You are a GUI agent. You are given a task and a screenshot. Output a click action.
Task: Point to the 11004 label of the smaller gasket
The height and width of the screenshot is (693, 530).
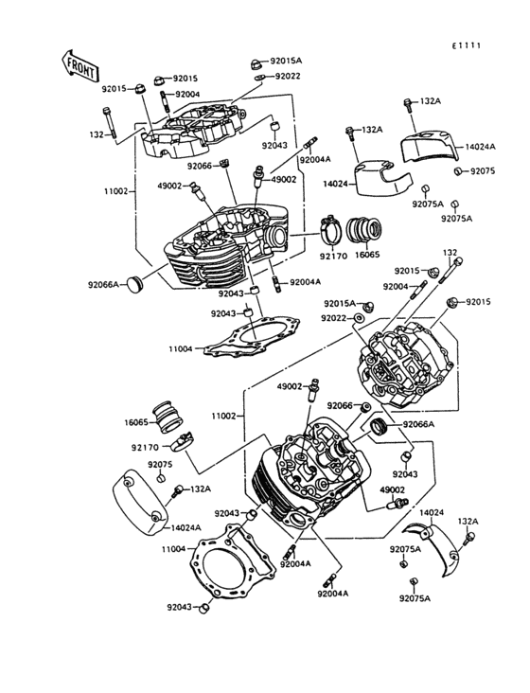(x=181, y=349)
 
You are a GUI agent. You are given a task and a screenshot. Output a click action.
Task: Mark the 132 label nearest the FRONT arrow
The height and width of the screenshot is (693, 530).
(x=97, y=135)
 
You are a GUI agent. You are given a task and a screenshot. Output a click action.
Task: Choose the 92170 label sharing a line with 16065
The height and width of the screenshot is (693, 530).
(x=333, y=256)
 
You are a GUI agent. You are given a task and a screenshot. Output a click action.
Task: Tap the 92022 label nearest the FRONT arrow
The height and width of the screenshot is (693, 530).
(x=288, y=77)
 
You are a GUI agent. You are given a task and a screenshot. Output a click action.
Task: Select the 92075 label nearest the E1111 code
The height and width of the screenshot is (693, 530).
(x=483, y=171)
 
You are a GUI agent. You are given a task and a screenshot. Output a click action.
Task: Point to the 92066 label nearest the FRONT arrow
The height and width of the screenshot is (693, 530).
(x=199, y=166)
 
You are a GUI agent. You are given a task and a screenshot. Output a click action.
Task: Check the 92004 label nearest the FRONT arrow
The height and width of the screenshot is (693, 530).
(x=186, y=95)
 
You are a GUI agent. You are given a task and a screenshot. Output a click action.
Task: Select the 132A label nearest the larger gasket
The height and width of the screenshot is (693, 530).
(x=200, y=489)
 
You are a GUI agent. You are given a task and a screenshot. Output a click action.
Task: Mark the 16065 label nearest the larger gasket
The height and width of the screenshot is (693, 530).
(x=136, y=423)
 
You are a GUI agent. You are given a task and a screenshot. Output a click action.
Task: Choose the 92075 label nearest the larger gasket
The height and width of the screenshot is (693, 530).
(x=159, y=465)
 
